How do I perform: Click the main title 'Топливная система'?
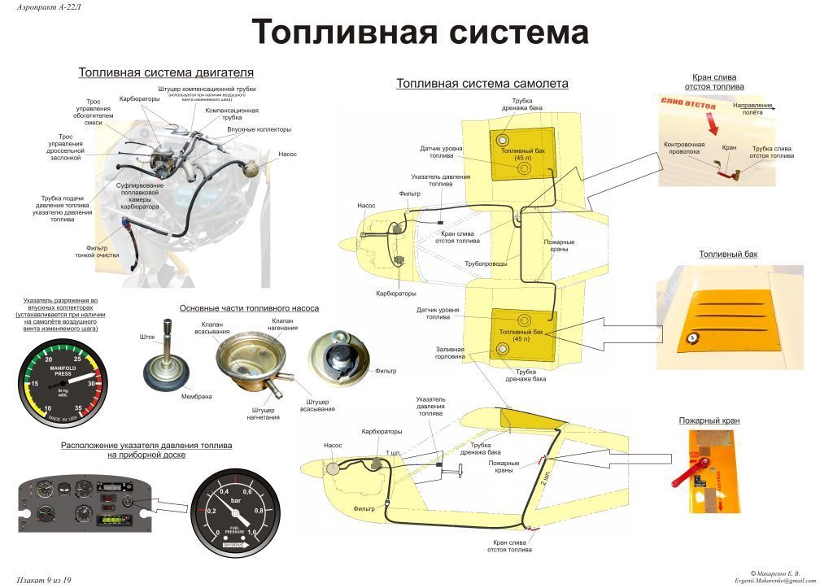[420, 33]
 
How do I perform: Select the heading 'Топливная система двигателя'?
[166, 72]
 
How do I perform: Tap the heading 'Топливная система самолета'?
[482, 83]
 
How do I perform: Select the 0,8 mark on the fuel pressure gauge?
[258, 510]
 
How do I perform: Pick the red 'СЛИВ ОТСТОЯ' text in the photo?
[688, 105]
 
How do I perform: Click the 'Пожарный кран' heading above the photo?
[709, 420]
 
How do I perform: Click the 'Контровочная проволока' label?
[683, 147]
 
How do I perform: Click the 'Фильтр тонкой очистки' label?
[102, 251]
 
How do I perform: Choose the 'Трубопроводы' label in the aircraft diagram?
[486, 263]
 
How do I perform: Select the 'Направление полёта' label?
[752, 108]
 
